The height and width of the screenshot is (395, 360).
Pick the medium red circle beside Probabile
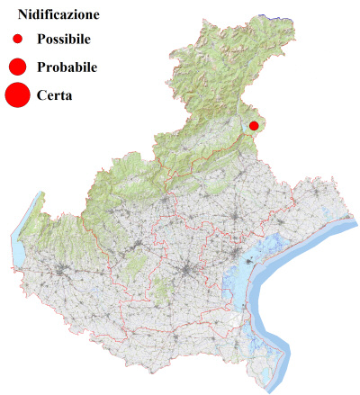pos(17,67)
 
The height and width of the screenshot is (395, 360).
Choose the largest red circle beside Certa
pos(17,94)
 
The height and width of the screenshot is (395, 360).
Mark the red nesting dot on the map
pos(254,126)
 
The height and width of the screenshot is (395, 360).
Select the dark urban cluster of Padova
pos(187,271)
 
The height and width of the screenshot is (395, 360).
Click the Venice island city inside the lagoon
pos(244,264)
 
